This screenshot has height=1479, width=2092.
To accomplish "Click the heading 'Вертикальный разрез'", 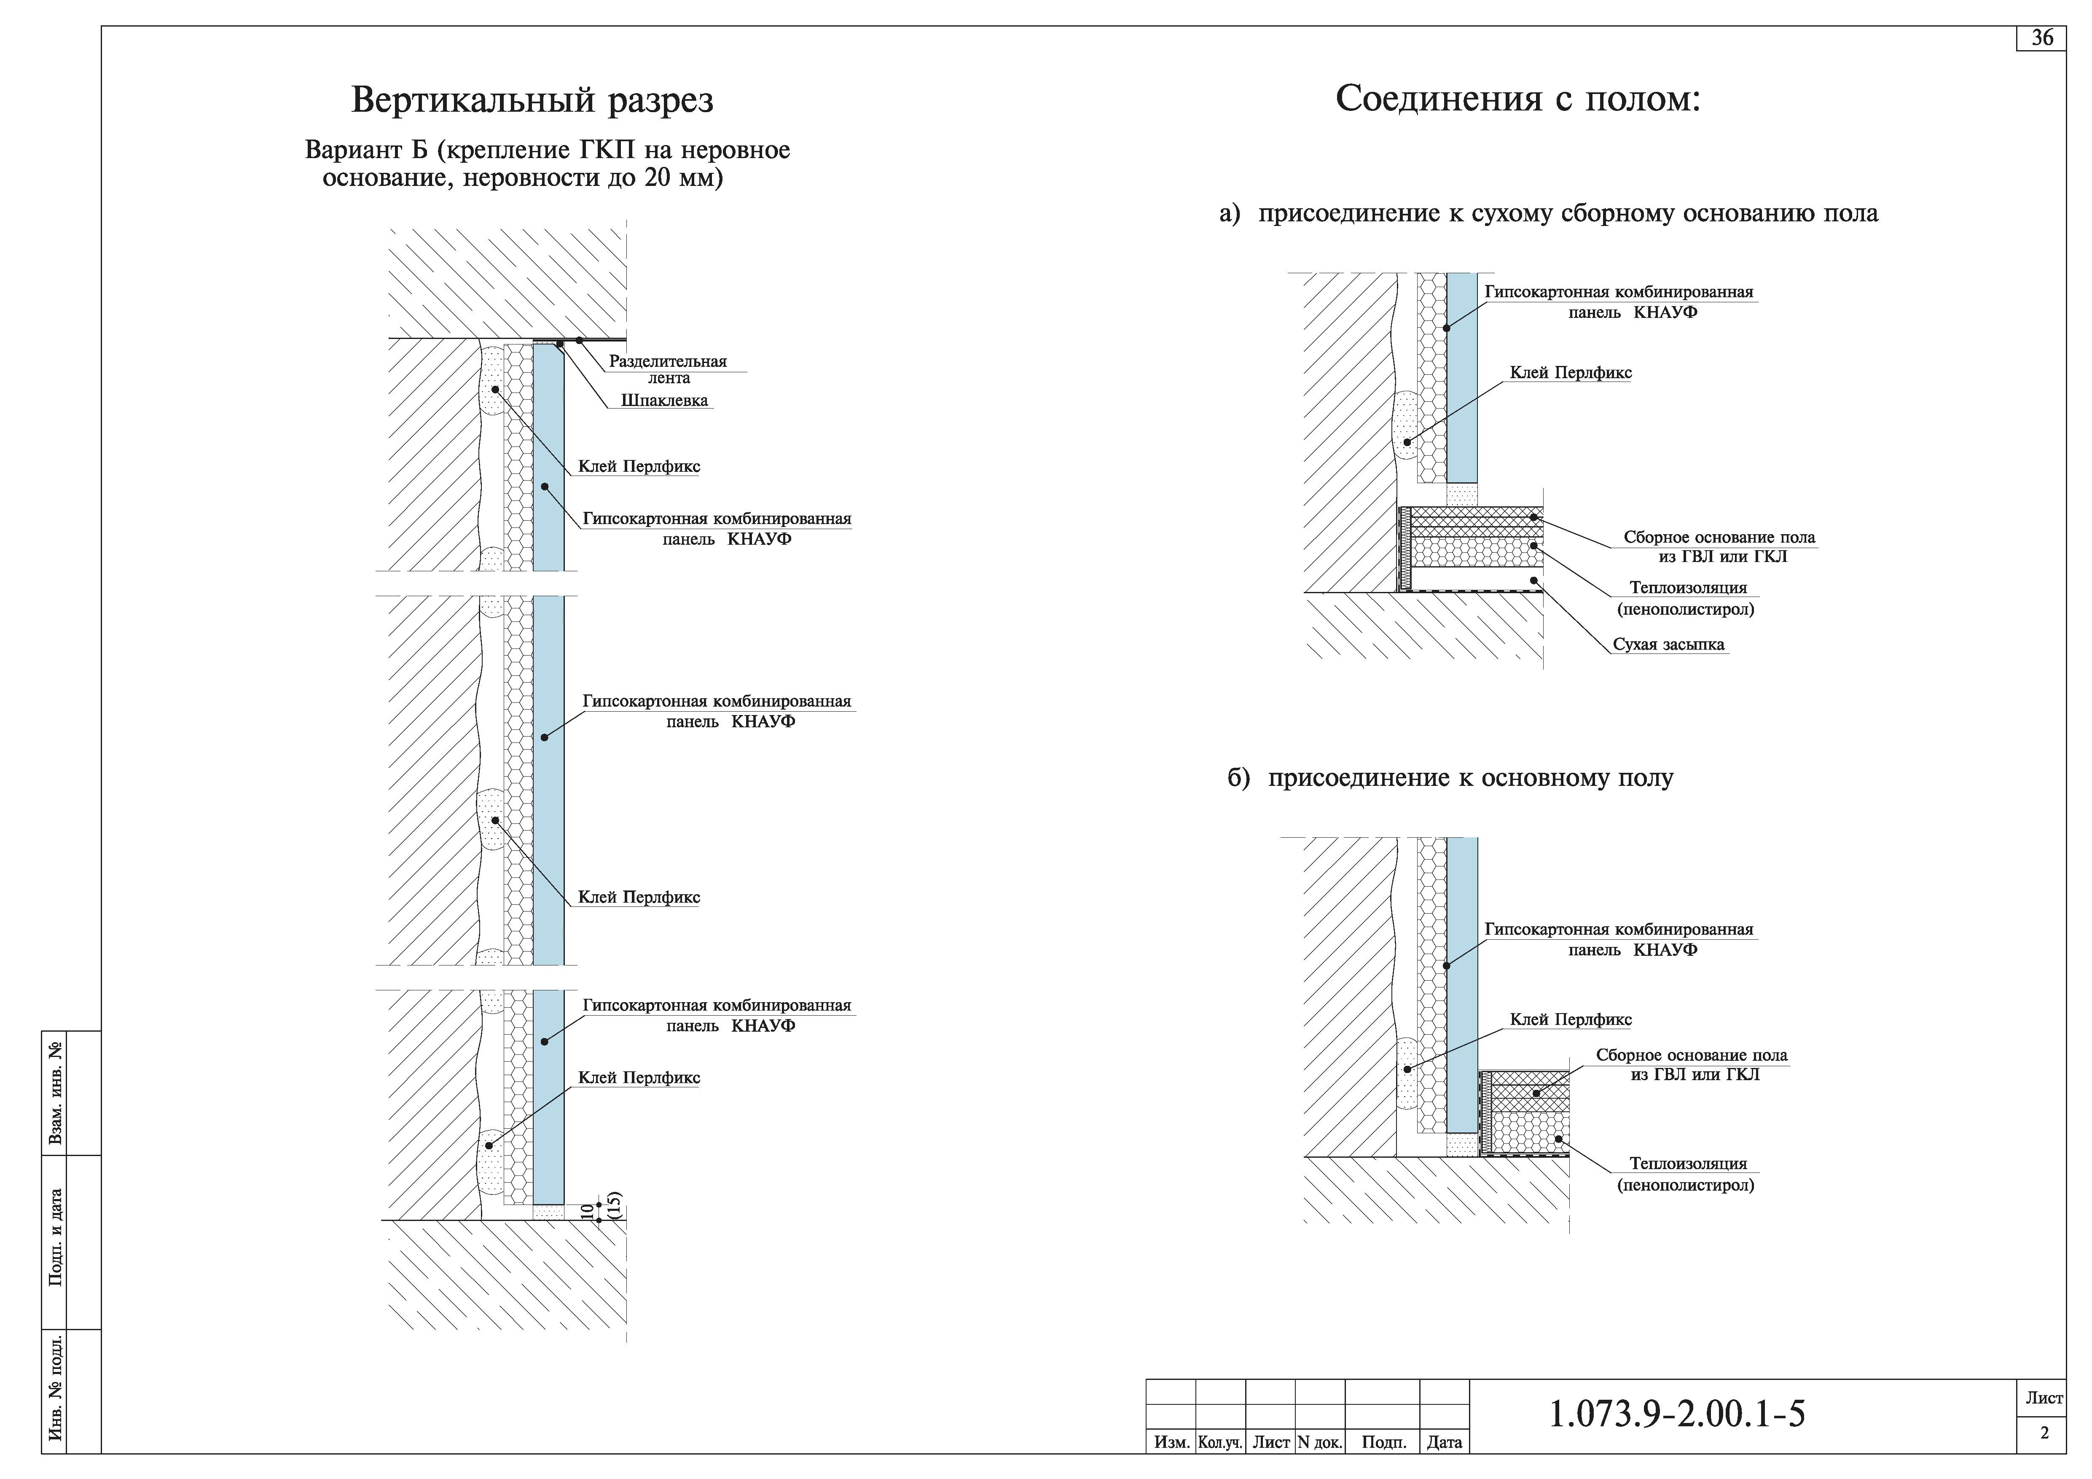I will [x=532, y=100].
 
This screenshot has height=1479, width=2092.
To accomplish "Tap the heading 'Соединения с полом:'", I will [x=1518, y=98].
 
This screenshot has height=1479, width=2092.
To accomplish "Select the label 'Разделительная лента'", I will [x=668, y=369].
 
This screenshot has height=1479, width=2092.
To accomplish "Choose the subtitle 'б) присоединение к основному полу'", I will [x=1450, y=778].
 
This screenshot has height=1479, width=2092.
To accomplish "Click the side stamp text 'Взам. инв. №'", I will [x=56, y=1094].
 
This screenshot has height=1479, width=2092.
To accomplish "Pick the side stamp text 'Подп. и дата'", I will [x=56, y=1237].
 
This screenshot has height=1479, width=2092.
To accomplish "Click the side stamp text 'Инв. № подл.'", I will [x=56, y=1390].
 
